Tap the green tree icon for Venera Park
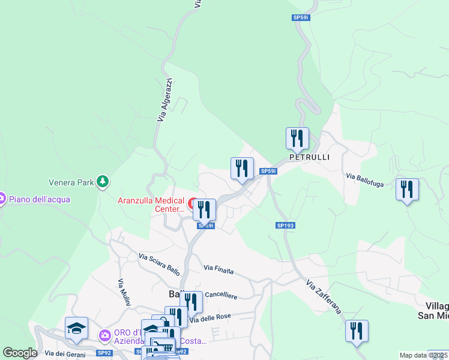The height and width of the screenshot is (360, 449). (x=103, y=181)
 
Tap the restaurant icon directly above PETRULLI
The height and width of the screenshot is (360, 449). (x=297, y=139)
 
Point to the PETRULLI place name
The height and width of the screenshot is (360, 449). (x=309, y=157)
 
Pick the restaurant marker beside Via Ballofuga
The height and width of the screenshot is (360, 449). (x=407, y=190)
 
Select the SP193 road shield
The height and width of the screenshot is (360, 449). (x=286, y=225)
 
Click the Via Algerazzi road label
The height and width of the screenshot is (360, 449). (x=165, y=100)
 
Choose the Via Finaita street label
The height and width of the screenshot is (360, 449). (x=218, y=271)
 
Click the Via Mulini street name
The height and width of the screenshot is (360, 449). (x=124, y=292)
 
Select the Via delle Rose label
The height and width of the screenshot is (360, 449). (x=210, y=317)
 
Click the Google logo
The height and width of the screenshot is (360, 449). (x=20, y=353)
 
